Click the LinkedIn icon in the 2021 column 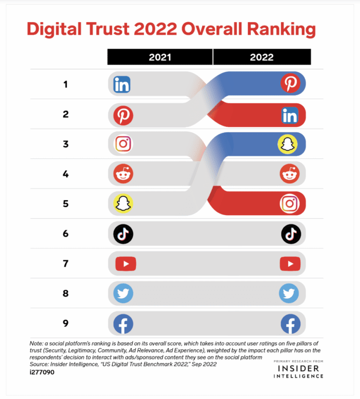122,85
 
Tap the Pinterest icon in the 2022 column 289,85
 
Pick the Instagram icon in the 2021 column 123,144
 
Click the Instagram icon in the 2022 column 289,204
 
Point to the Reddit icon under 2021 123,173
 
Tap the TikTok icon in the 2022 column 290,234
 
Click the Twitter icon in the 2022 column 289,294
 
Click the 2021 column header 160,57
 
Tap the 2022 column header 261,57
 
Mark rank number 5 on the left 66,204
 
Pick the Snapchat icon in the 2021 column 123,204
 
